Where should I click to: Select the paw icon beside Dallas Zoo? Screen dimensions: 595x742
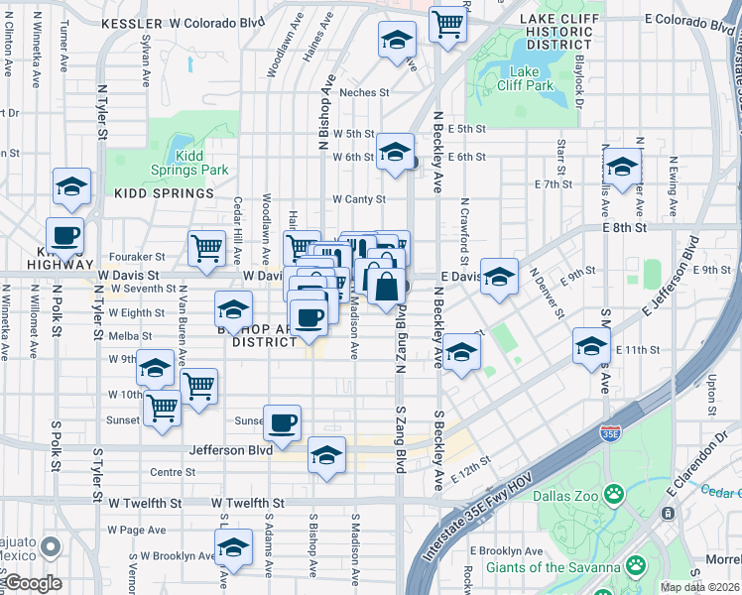[x=615, y=493]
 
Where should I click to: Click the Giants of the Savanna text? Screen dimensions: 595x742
[x=552, y=568]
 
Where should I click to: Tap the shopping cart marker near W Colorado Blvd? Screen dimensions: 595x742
[x=448, y=22]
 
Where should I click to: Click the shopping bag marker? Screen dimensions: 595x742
[x=386, y=286]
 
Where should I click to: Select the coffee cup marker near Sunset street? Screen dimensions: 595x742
[x=282, y=422]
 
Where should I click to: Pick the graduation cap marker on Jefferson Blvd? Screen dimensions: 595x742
[x=326, y=455]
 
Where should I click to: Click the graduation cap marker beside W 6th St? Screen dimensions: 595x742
[x=395, y=152]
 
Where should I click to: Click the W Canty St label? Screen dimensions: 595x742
[x=358, y=199]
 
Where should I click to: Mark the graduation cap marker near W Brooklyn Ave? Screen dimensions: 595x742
[x=233, y=547]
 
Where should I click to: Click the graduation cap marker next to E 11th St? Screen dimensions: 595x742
[x=590, y=347]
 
